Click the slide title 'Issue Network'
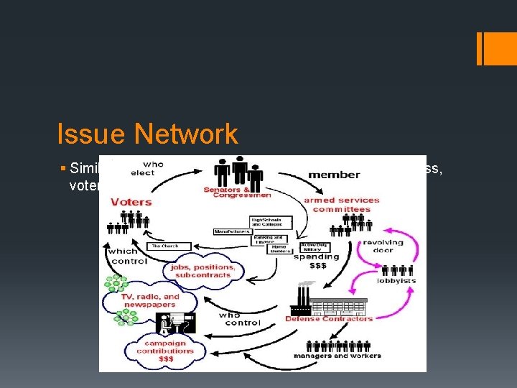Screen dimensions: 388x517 pyautogui.click(x=147, y=134)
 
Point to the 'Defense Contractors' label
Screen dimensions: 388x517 pyautogui.click(x=329, y=318)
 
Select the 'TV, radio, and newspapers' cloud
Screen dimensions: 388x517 pyautogui.click(x=149, y=300)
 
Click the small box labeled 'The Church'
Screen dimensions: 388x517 pyautogui.click(x=164, y=246)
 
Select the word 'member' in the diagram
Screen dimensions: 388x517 pyautogui.click(x=334, y=175)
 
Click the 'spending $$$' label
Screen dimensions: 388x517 pyautogui.click(x=315, y=260)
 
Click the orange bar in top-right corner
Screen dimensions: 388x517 pyautogui.click(x=491, y=47)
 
